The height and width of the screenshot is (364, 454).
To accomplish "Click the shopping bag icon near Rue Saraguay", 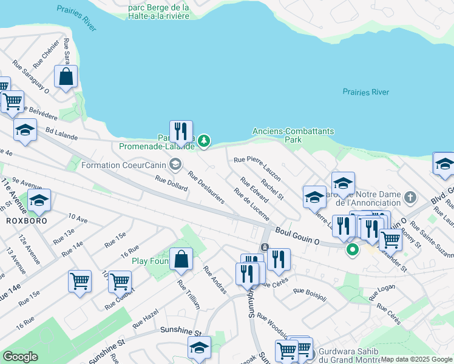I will click(x=66, y=77).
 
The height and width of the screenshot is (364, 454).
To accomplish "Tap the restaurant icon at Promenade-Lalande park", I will click(x=181, y=131).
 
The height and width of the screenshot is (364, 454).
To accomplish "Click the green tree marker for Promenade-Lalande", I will click(x=205, y=141).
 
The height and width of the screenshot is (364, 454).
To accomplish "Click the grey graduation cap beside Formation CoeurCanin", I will click(x=175, y=164).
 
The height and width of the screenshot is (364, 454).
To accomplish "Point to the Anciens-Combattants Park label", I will click(x=277, y=135).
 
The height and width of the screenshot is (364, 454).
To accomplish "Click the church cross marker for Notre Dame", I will click(x=411, y=197).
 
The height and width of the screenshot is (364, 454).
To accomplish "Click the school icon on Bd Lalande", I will click(x=25, y=130).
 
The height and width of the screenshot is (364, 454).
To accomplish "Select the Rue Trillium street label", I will click(x=189, y=295).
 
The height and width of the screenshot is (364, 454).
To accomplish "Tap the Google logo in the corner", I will click(x=21, y=357).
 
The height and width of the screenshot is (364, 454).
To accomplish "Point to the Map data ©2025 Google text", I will click(x=416, y=359).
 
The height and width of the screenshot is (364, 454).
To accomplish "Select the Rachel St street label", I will click(x=272, y=187).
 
